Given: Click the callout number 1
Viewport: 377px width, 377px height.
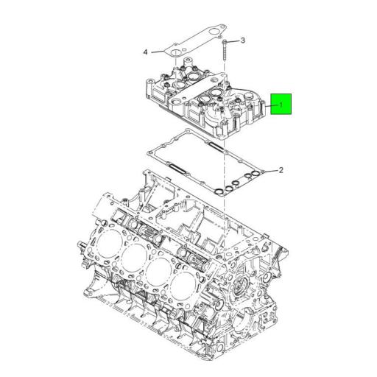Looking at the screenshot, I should tap(281, 106).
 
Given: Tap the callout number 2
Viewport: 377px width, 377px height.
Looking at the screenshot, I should tap(280, 171).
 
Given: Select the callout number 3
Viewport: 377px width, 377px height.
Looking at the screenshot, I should tap(243, 40).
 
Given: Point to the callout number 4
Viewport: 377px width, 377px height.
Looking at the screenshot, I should tap(146, 52).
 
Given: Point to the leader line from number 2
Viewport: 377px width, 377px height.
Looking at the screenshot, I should tap(269, 171).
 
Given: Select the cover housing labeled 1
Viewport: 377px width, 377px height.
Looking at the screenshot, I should tap(206, 103).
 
